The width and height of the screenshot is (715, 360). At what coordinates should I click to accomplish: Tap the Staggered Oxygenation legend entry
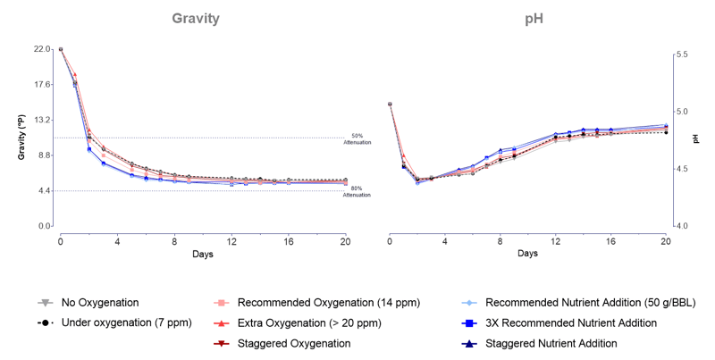292,343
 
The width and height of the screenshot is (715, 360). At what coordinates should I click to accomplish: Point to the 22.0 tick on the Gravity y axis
43,49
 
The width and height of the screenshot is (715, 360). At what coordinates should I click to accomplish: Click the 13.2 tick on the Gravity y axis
43,120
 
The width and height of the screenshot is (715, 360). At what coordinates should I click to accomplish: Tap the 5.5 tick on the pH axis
682,54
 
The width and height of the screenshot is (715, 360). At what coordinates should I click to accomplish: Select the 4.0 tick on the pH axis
682,226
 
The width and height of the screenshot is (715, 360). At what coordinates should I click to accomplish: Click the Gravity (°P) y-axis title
21,138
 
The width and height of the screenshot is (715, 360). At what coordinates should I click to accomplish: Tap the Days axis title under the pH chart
527,254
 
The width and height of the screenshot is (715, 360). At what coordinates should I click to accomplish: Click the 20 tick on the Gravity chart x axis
346,241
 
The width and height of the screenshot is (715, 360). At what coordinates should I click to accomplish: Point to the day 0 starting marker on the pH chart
390,104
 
